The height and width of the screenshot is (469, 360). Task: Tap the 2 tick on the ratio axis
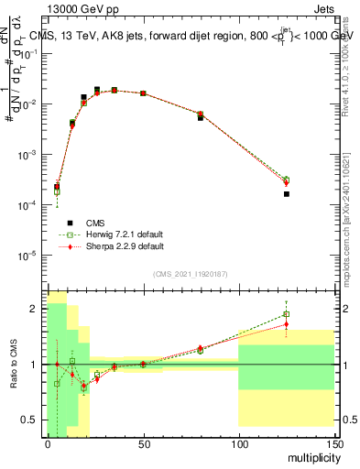pyautogui.click(x=38, y=309)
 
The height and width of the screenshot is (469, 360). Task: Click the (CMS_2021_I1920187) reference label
pyautogui.click(x=191, y=274)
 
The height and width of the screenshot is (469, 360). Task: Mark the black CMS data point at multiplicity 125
pyautogui.click(x=287, y=194)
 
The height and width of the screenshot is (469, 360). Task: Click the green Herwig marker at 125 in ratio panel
pyautogui.click(x=287, y=314)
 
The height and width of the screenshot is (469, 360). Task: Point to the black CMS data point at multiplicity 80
pyautogui.click(x=201, y=118)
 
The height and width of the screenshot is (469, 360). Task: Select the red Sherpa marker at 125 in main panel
pyautogui.click(x=287, y=183)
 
